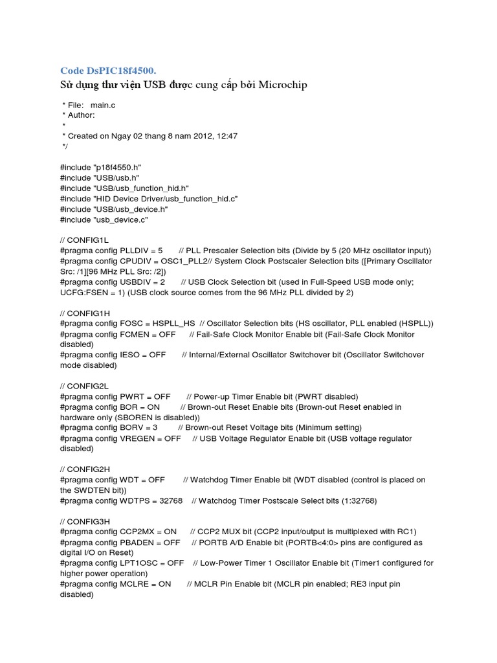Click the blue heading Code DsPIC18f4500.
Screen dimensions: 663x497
coord(108,70)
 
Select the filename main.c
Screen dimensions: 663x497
coord(103,104)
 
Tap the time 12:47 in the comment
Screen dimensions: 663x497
coord(227,135)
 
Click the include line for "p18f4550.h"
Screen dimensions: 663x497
coord(100,166)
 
